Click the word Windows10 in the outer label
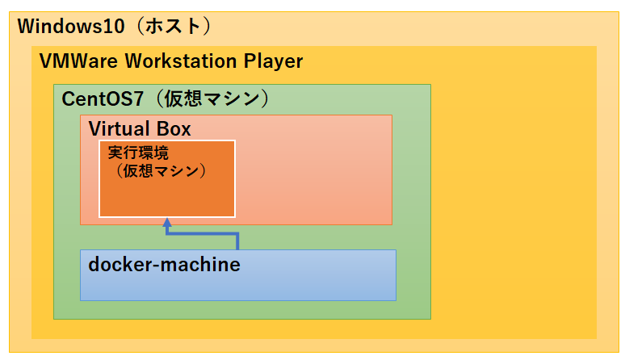pos(71,26)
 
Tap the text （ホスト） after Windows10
pos(174,26)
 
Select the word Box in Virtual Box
pos(172,128)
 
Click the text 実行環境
pos(138,153)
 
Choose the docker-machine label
pos(164,264)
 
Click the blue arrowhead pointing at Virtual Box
pos(166,222)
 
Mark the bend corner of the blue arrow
pos(237,234)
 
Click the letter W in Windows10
pos(27,26)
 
